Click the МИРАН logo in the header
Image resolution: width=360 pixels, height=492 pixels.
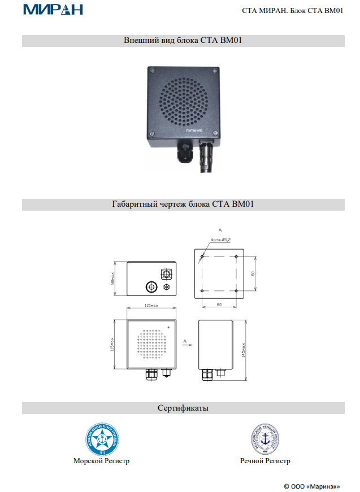pyautogui.click(x=53, y=10)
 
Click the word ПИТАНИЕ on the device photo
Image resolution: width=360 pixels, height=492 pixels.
pyautogui.click(x=193, y=130)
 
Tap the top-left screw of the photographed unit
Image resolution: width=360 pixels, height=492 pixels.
pyautogui.click(x=151, y=71)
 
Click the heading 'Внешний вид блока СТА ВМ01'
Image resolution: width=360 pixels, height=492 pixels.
pyautogui.click(x=183, y=41)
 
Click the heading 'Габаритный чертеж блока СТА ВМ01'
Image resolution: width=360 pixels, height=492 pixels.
pyautogui.click(x=183, y=204)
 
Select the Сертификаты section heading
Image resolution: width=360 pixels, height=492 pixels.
pyautogui.click(x=183, y=408)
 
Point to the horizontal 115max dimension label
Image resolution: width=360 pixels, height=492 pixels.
pyautogui.click(x=150, y=305)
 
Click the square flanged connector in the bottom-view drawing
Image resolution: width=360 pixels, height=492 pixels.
pyautogui.click(x=167, y=273)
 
